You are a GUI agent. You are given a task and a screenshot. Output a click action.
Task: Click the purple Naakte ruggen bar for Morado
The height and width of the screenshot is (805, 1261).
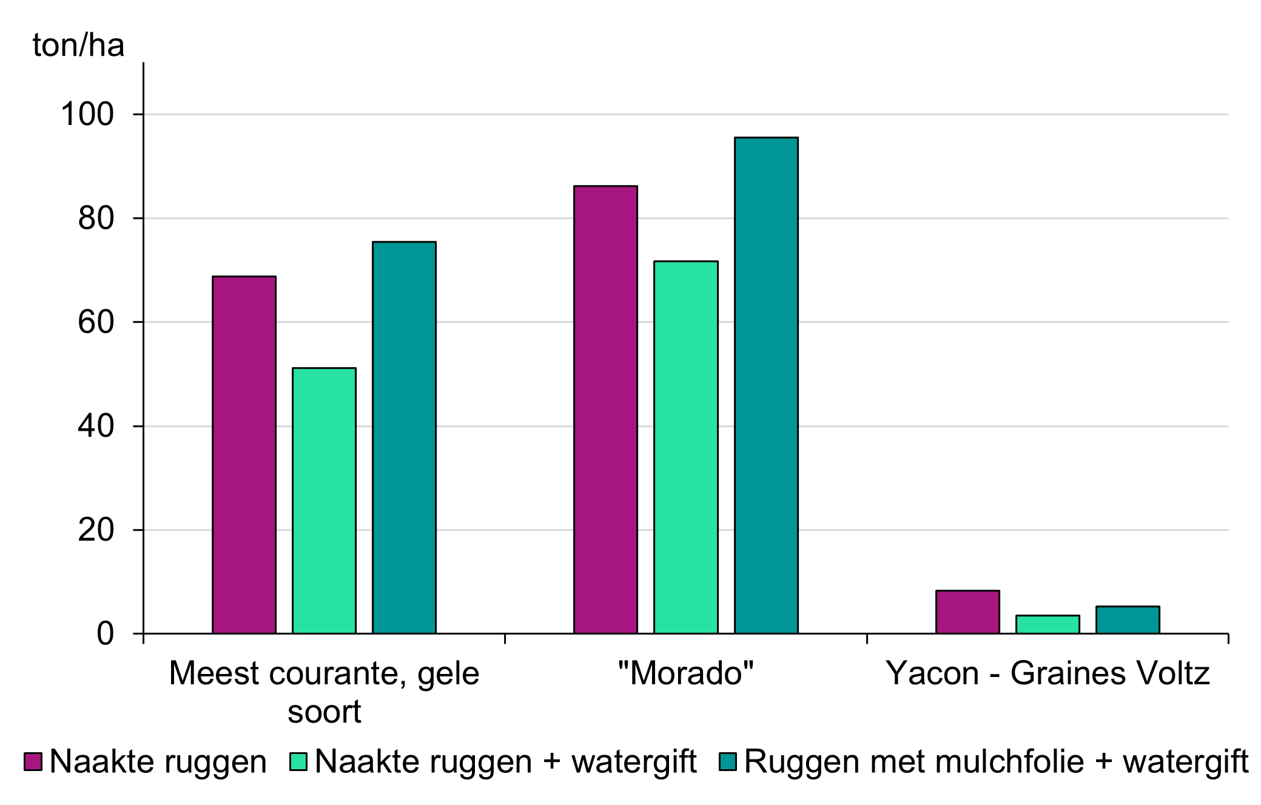pos(605,409)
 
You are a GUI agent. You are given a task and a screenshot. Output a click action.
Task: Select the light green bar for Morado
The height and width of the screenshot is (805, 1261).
pos(685,447)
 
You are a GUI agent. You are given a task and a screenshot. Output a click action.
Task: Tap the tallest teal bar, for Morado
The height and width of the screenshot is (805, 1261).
pos(765,385)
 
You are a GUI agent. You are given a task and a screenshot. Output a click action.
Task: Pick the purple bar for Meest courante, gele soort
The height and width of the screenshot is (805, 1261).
pos(244,454)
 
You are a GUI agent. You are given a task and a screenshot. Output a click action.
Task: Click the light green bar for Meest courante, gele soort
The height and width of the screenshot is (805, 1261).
pos(324,500)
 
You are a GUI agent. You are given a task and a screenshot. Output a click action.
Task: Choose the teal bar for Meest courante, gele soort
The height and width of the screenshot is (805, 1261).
pos(404,437)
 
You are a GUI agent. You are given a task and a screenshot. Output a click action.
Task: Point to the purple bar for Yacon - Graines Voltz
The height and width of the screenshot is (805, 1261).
pos(967,611)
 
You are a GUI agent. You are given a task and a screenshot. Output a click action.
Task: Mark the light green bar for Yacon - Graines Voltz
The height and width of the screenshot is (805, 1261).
pos(1047,624)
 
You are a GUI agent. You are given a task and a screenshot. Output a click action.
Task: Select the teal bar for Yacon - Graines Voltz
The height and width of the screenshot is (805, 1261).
pos(1128,619)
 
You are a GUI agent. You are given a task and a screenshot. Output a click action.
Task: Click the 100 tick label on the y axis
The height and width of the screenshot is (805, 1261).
pos(87,114)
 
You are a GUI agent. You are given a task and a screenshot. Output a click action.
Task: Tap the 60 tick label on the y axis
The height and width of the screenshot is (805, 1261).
pos(96,322)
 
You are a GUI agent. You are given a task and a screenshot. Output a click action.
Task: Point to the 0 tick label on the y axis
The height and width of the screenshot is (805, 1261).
pos(105,634)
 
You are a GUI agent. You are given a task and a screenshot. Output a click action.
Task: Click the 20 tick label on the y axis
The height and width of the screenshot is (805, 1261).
pos(96,530)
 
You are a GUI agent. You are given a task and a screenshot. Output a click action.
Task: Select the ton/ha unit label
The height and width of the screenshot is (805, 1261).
pos(78,45)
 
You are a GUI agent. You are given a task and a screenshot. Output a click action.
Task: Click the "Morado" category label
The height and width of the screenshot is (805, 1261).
pos(685,673)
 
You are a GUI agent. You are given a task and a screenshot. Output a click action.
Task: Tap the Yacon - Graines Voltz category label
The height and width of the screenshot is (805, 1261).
pos(1047,673)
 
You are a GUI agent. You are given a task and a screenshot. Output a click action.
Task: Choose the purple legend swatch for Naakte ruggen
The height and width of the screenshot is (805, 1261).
pos(33,762)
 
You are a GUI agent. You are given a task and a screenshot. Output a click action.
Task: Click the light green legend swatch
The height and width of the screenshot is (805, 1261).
pos(298,762)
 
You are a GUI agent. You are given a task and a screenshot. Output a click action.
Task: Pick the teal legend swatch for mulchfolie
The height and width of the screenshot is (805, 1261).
pos(728,762)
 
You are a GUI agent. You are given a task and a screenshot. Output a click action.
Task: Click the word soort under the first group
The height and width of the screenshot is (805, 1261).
pos(324,712)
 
